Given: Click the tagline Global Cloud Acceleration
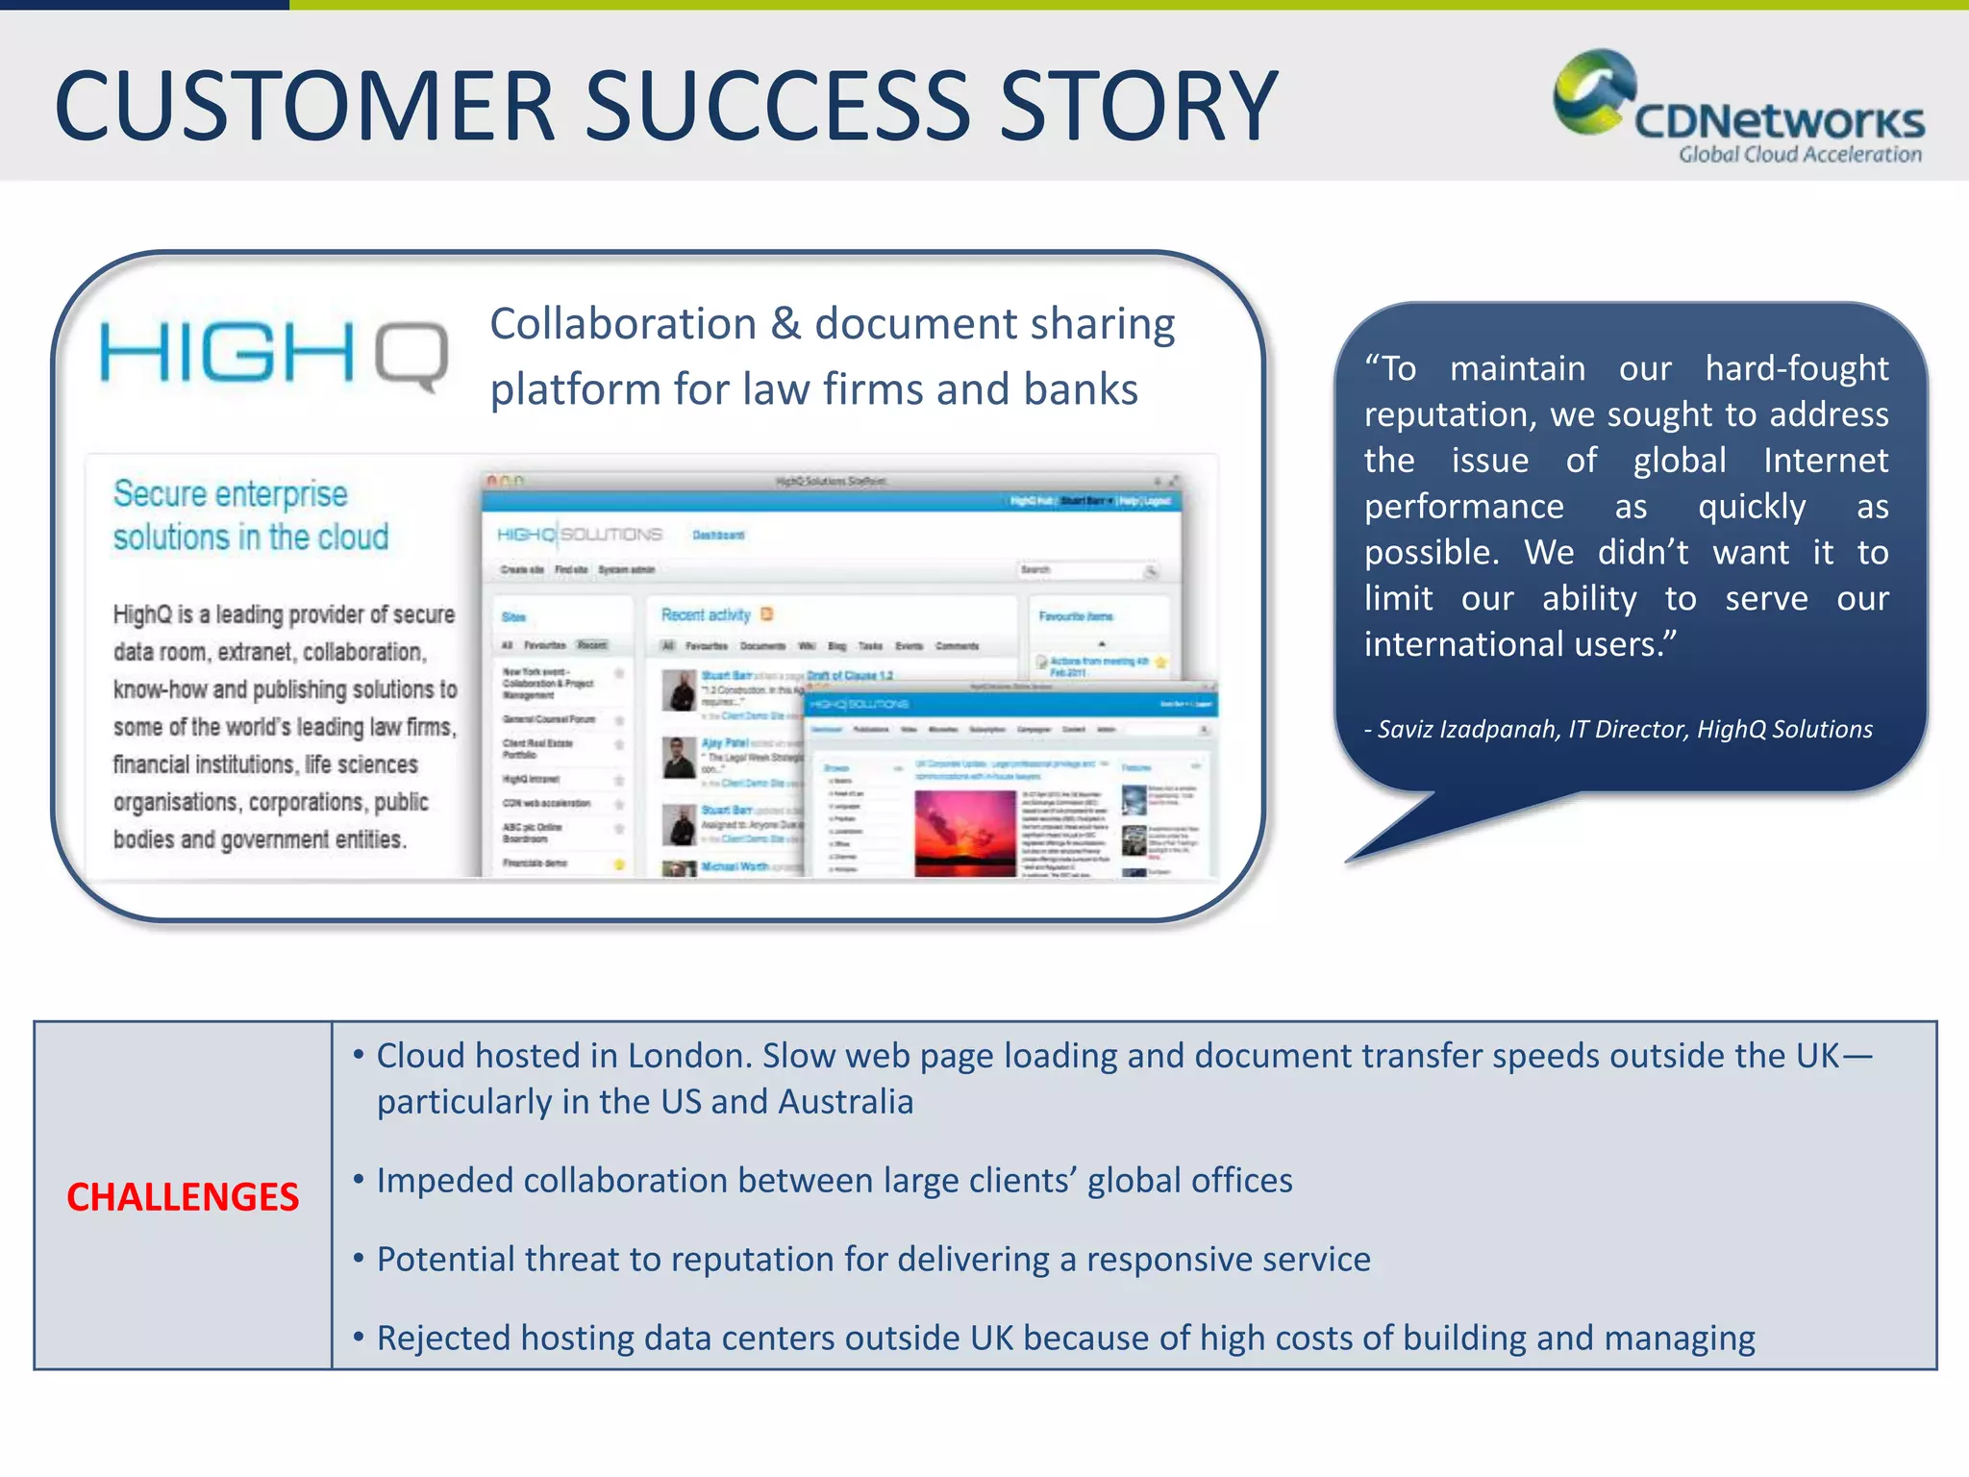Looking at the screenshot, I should click(1800, 155).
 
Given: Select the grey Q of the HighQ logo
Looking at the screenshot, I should click(411, 356).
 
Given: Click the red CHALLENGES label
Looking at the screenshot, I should click(183, 1197).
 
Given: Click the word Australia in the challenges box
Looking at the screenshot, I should click(846, 1102).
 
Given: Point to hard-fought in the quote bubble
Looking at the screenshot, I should click(1796, 368).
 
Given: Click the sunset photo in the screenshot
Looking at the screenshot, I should click(964, 833).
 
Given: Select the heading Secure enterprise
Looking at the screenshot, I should click(231, 494).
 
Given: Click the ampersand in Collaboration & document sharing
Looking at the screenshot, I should click(785, 324).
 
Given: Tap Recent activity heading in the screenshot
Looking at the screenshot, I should click(706, 615).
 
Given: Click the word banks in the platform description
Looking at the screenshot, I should click(1081, 390).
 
